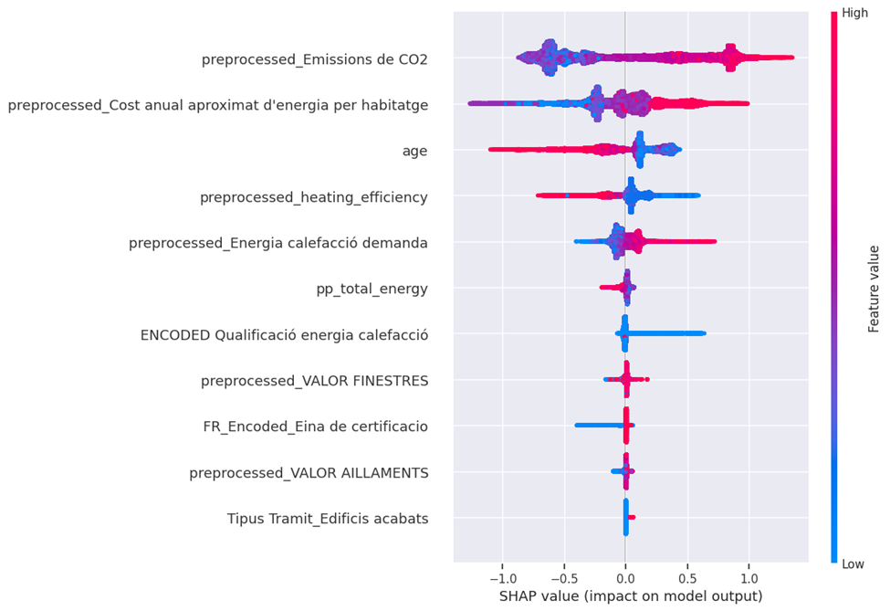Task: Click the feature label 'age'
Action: (415, 151)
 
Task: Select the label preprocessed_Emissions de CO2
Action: (314, 60)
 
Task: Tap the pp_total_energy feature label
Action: (372, 290)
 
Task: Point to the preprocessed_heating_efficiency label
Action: (314, 196)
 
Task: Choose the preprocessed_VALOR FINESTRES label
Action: (314, 381)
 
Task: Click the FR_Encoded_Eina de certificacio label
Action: (315, 427)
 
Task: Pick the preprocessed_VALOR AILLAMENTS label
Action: (309, 473)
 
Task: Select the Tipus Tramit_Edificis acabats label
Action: (328, 519)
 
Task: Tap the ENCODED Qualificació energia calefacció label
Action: (284, 335)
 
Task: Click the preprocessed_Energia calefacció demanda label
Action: (278, 243)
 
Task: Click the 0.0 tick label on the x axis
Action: (625, 578)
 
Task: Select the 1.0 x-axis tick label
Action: (749, 578)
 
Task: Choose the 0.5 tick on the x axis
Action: (686, 578)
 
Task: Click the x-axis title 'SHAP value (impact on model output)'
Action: (630, 596)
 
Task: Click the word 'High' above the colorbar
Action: (855, 13)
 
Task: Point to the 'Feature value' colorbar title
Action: (874, 289)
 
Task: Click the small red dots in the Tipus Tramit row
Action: (632, 517)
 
